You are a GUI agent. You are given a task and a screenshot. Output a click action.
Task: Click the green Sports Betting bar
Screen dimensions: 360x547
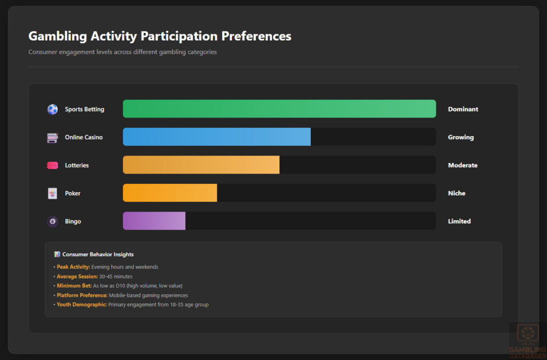coord(279,109)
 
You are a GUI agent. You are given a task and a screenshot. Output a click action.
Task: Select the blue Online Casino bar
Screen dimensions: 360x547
coord(216,137)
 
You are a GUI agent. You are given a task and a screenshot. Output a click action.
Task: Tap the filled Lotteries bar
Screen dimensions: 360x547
coord(201,165)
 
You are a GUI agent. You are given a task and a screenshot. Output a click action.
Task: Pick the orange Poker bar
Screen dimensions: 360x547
coord(170,193)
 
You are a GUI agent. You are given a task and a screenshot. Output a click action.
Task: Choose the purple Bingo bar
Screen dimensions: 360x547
coord(154,221)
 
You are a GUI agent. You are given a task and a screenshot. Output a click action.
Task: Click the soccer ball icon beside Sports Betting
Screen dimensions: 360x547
coord(52,109)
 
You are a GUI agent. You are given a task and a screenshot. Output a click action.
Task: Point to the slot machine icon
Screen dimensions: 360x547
coord(52,138)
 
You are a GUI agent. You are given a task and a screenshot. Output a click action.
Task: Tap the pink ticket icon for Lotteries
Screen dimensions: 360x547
coord(52,166)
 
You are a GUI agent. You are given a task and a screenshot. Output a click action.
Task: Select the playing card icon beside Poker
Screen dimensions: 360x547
coord(52,193)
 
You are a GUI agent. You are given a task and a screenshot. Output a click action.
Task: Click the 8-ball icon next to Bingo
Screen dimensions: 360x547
coord(52,221)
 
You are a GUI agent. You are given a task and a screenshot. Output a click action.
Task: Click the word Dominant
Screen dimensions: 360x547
coord(463,109)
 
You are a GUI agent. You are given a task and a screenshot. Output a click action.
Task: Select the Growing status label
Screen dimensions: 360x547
coord(461,137)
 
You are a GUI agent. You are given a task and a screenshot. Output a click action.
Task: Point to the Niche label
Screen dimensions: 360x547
coord(457,193)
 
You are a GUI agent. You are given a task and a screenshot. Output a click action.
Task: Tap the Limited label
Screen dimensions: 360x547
coord(459,221)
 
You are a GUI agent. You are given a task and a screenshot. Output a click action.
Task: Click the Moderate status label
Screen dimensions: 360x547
coord(463,166)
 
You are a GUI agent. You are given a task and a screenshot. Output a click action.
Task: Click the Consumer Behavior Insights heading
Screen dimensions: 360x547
coord(98,254)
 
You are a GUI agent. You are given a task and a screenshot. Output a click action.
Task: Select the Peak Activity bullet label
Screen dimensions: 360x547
coord(73,267)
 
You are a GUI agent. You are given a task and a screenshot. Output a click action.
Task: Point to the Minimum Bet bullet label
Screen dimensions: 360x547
coord(74,286)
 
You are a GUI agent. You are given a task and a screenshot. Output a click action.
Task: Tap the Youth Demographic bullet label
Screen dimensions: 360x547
coord(82,305)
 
